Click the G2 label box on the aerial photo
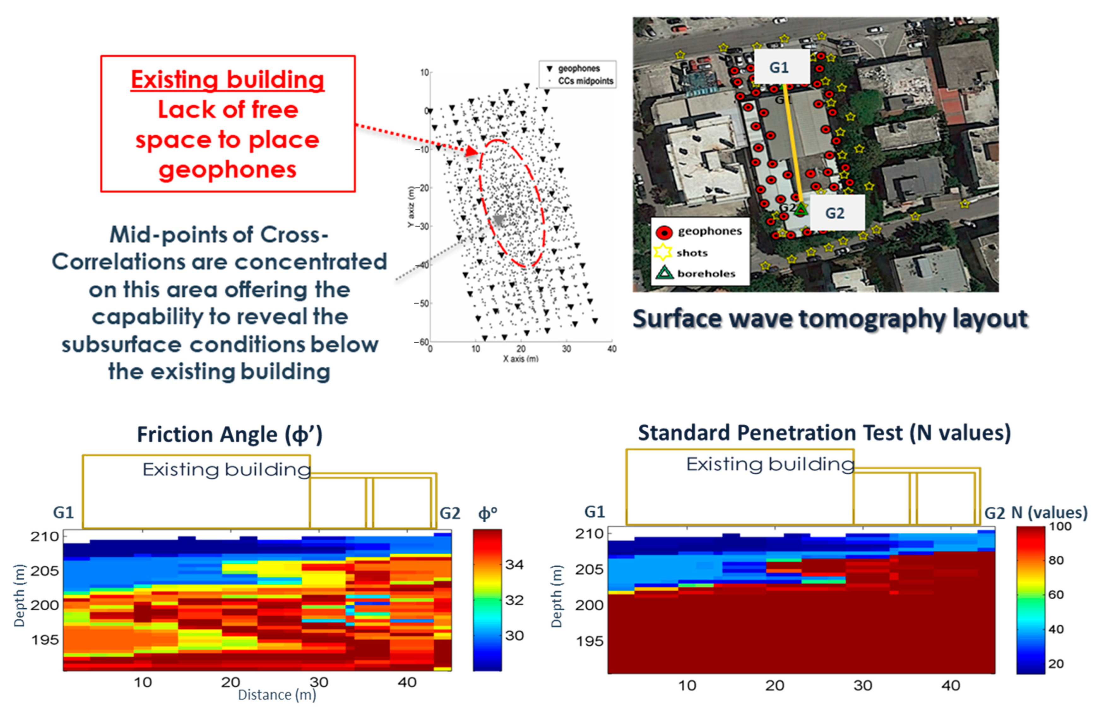pos(836,213)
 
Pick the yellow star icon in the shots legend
pos(663,252)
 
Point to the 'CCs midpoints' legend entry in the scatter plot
pos(585,81)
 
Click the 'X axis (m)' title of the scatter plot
pos(520,358)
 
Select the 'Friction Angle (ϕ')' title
pos(229,434)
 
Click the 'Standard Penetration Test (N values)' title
pos(824,433)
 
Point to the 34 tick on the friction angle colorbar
pos(514,565)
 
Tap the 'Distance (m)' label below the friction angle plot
pos(276,694)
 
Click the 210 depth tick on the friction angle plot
pos(45,536)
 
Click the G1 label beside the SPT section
pos(594,512)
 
